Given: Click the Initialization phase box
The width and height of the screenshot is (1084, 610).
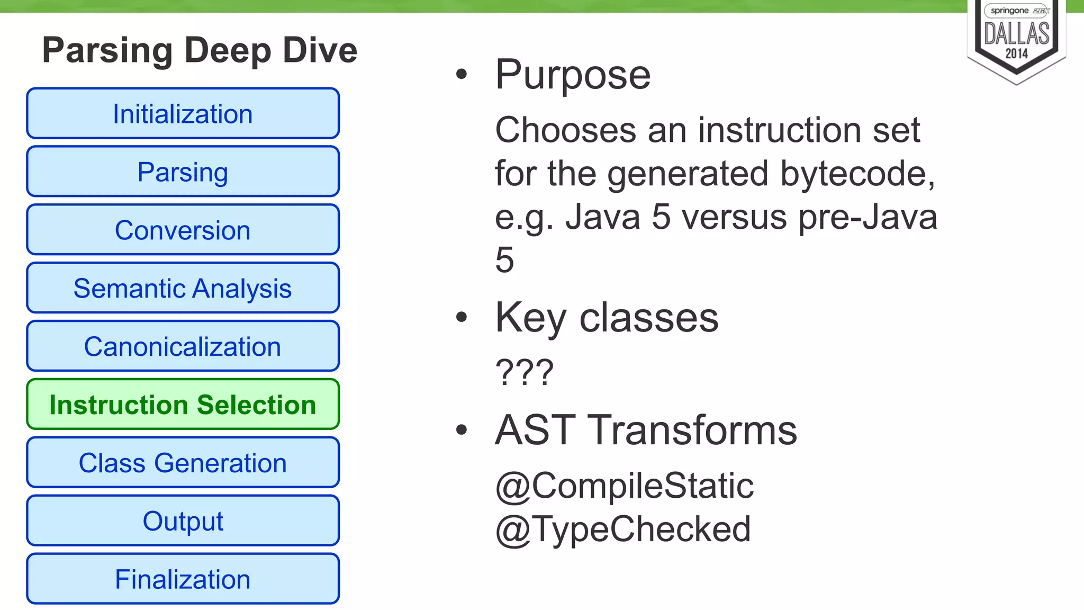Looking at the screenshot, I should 183,113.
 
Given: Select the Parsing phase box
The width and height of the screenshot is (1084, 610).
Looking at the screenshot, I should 183,172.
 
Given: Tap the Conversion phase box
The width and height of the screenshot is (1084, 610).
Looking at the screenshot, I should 183,230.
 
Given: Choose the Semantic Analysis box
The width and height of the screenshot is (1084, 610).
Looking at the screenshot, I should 183,288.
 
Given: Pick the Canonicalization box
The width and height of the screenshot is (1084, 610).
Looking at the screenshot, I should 183,346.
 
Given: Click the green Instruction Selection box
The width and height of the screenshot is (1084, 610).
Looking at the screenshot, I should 183,405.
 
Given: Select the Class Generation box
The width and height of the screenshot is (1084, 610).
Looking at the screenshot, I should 183,463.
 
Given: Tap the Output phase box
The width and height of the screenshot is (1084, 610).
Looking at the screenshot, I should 183,521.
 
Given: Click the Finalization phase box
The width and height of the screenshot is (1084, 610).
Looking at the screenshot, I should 183,579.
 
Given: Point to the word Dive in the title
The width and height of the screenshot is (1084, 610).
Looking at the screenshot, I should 320,50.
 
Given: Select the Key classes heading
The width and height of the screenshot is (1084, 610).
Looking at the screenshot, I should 607,318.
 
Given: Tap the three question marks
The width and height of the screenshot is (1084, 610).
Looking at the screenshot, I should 525,372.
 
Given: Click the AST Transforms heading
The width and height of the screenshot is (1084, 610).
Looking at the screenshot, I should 646,430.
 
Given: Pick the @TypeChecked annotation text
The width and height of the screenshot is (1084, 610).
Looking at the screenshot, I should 623,529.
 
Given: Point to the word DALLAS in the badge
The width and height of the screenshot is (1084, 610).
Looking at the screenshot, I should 1017,34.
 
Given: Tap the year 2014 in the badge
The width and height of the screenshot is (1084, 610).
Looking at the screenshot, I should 1017,53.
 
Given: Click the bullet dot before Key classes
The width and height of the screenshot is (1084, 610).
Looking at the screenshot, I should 462,317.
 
